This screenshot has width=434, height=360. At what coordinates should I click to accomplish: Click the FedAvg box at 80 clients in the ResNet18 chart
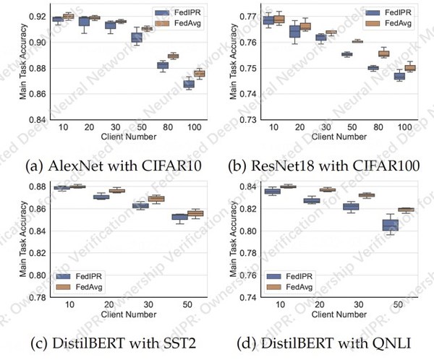coord(384,53)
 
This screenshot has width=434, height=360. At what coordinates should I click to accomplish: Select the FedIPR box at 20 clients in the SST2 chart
coord(101,197)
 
